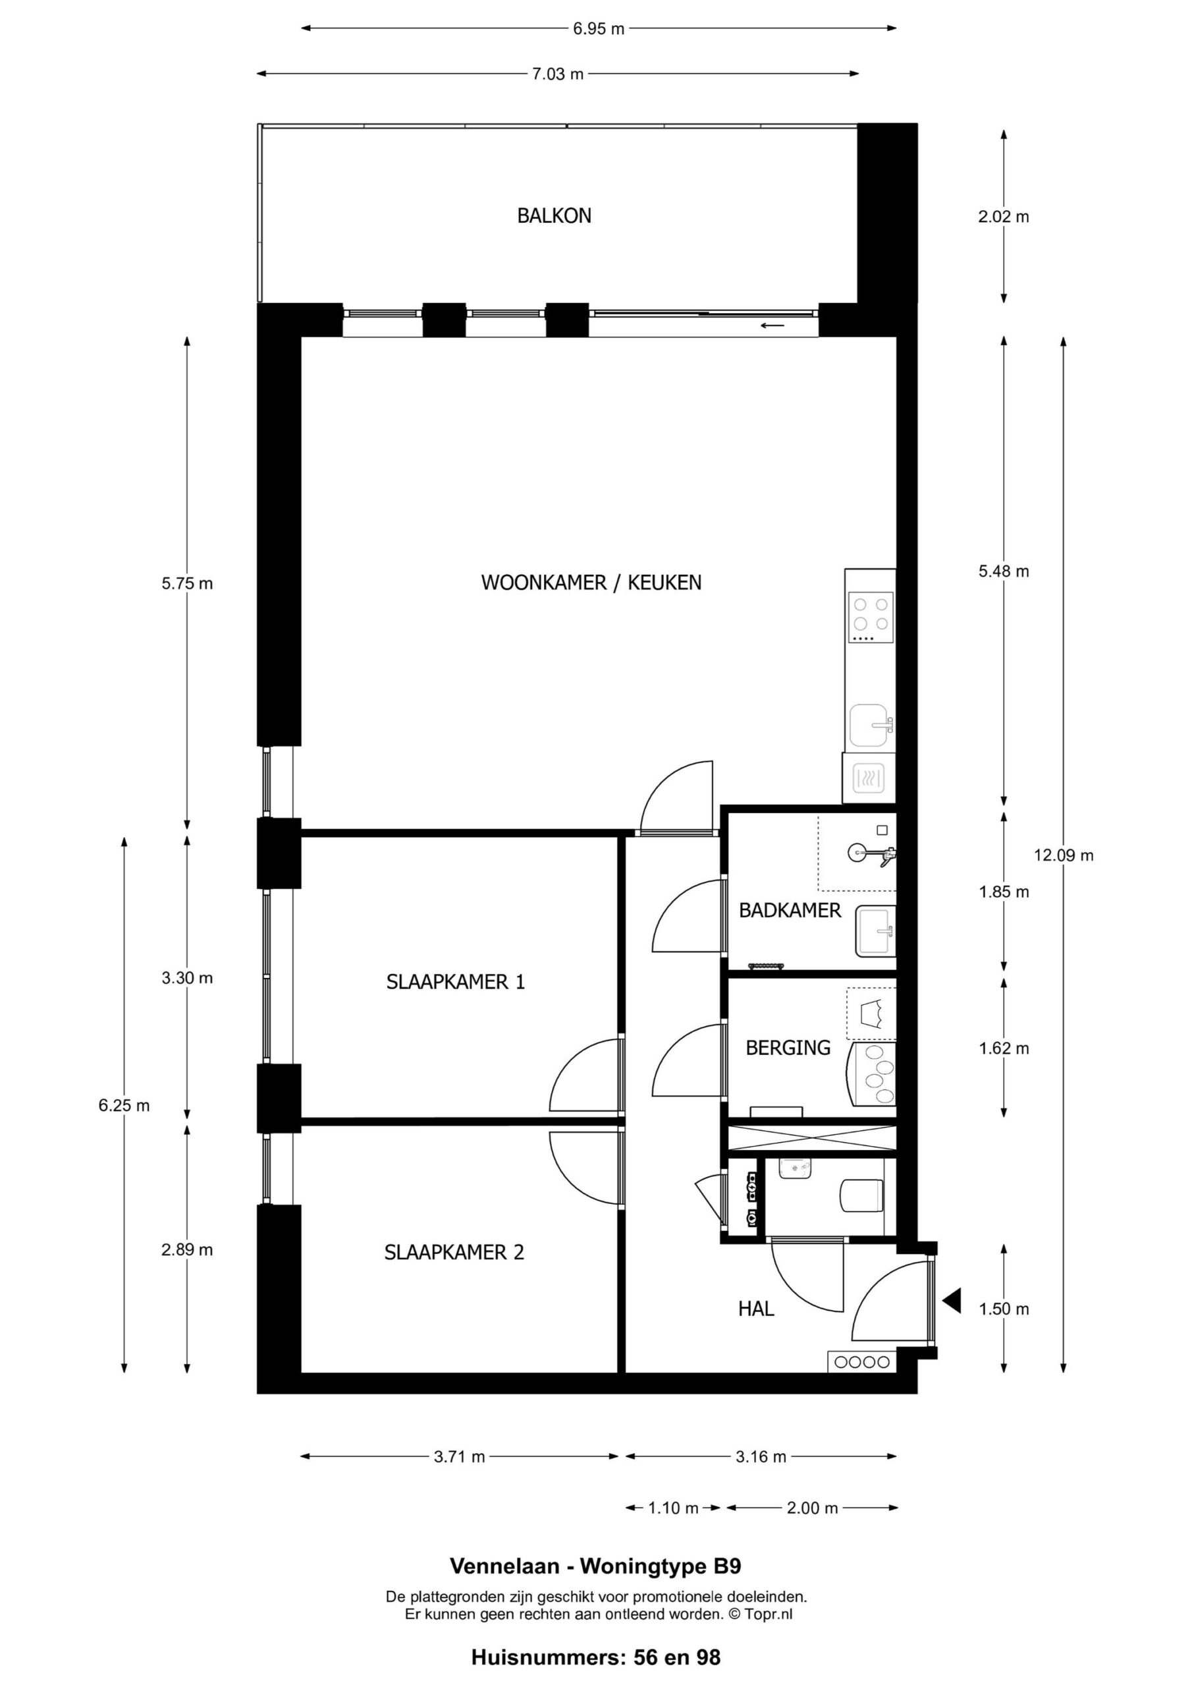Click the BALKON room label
coord(554,216)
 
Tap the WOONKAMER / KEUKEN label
coord(591,583)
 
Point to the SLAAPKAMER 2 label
coord(454,1252)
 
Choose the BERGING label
coord(788,1048)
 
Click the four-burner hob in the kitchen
coord(871,618)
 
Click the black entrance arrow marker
coord(952,1301)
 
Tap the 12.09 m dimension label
coord(1064,855)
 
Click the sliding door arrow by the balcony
coord(772,326)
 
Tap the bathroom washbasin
coord(875,932)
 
